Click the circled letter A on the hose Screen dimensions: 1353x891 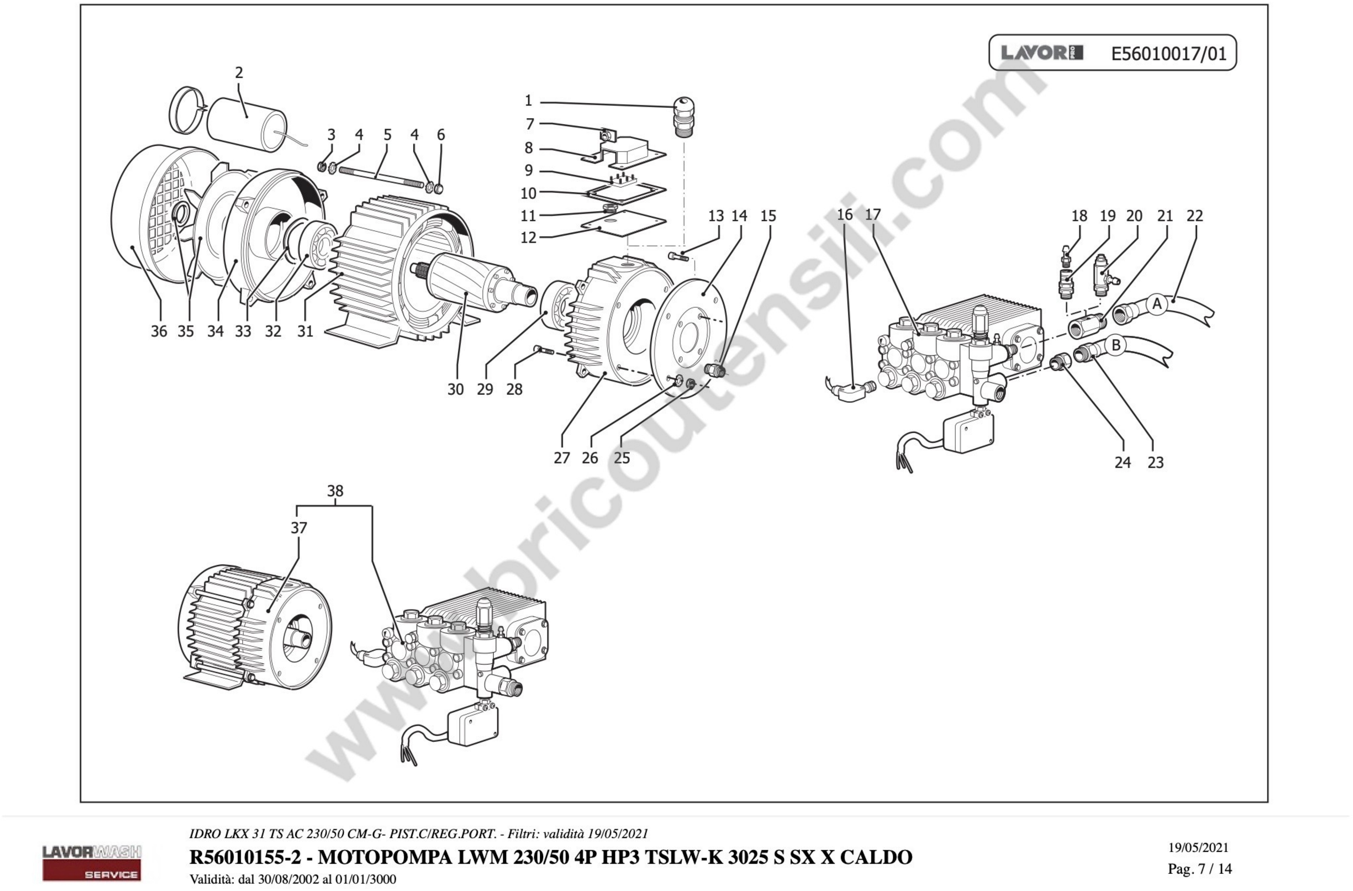(1156, 305)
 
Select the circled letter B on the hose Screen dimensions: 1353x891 (1116, 345)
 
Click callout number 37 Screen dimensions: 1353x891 (299, 527)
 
